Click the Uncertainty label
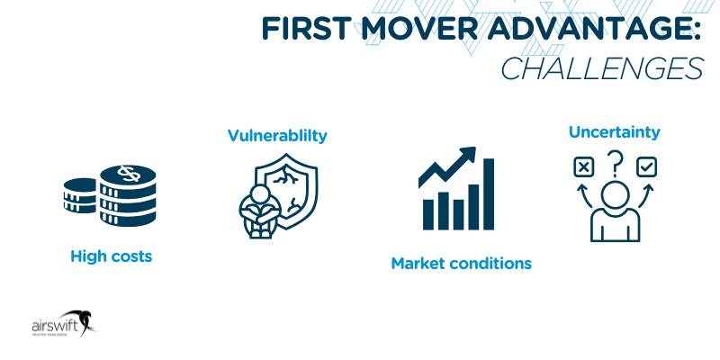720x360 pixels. (614, 132)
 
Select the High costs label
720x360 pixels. (112, 256)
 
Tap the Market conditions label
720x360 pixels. (461, 264)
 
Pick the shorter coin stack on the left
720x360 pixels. (81, 196)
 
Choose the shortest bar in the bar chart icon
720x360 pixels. (428, 214)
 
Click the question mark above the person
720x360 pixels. (616, 163)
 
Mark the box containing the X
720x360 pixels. (583, 166)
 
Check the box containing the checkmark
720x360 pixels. (646, 166)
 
